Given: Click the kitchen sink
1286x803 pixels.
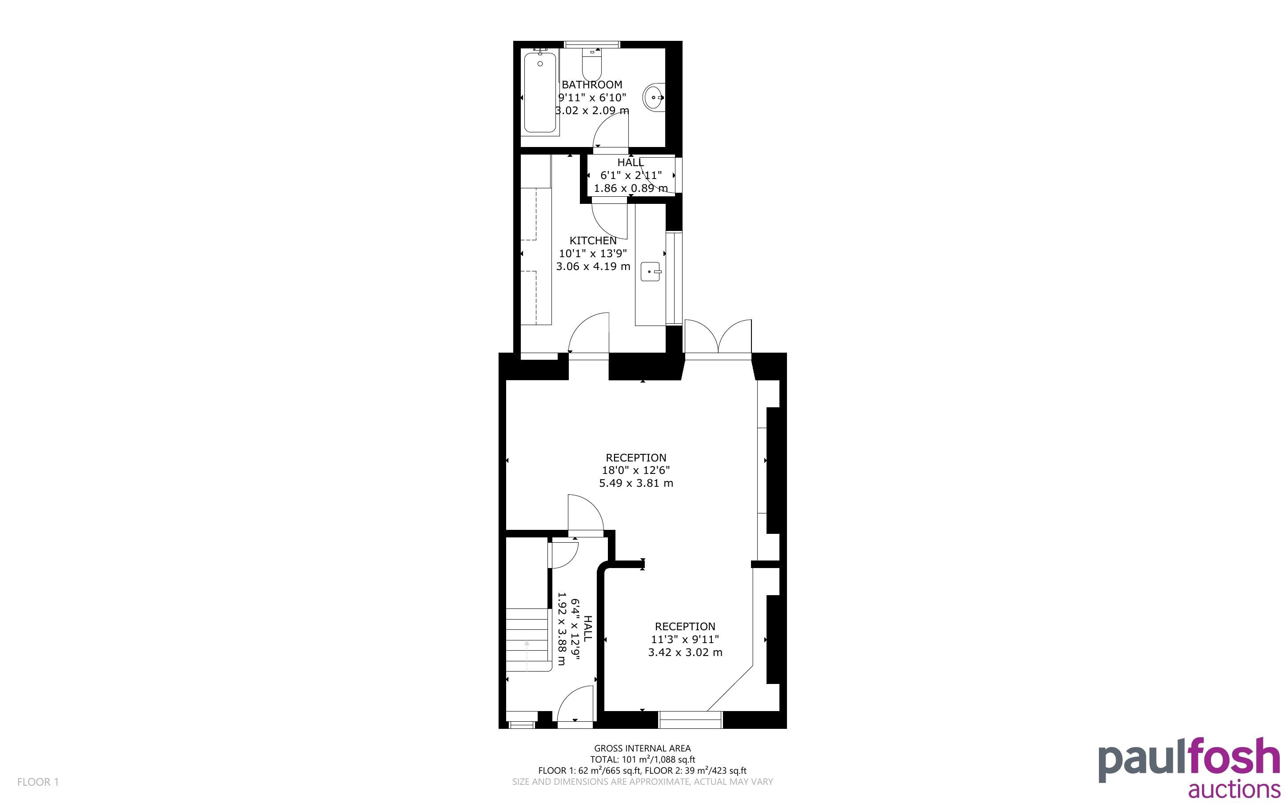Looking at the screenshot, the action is [651, 271].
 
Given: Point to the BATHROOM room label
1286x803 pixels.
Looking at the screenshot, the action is [592, 84].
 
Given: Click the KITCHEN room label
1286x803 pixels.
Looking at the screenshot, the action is [593, 241].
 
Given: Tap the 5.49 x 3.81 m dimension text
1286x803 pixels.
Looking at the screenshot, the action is [636, 483].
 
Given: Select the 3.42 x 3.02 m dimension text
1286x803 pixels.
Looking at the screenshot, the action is [685, 652].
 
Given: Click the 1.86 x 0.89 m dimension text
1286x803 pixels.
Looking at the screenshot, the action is [631, 188].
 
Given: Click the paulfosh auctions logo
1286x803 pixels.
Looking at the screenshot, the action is [1189, 766].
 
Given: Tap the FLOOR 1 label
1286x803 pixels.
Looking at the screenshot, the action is [38, 782].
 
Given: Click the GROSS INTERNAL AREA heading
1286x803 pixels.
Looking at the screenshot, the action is [642, 749].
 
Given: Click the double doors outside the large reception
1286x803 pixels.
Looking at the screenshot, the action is [718, 337].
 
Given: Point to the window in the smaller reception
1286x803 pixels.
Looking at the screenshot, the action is [691, 720].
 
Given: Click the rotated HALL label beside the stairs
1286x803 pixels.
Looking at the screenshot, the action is [587, 628].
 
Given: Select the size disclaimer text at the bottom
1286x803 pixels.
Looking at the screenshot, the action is [642, 782].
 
